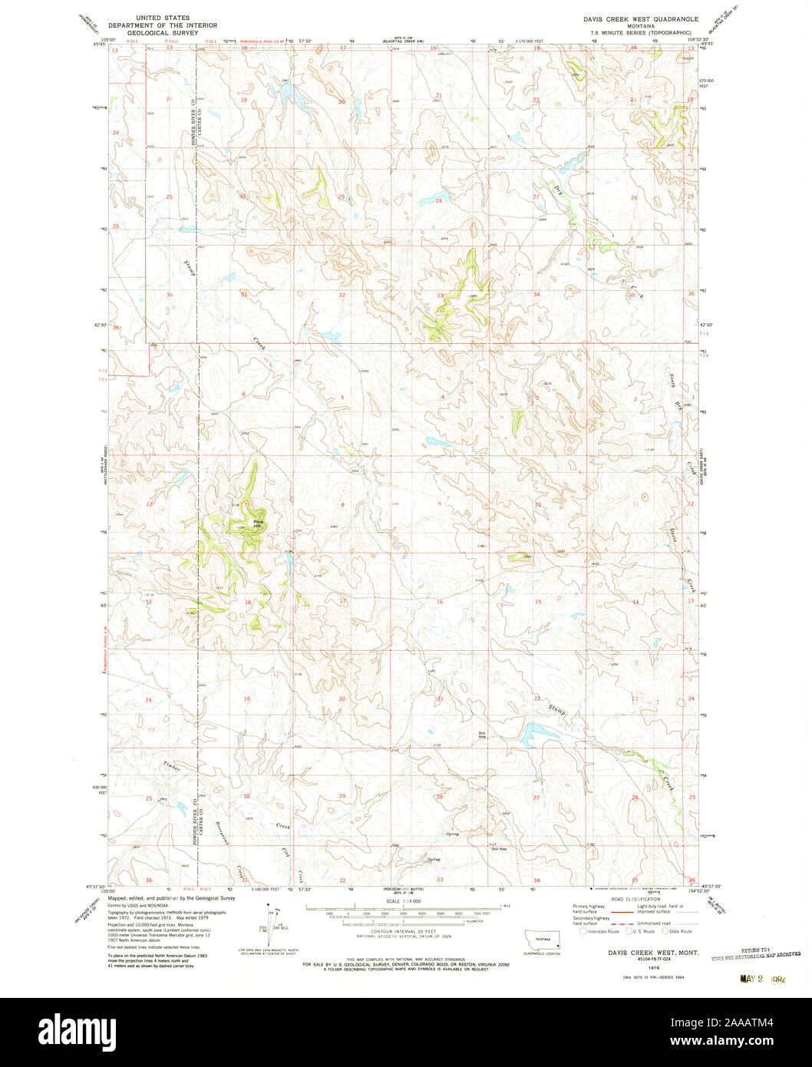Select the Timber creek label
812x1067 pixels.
tap(171, 768)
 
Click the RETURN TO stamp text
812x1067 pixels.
tap(756, 950)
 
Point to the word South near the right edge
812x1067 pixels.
tap(672, 378)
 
